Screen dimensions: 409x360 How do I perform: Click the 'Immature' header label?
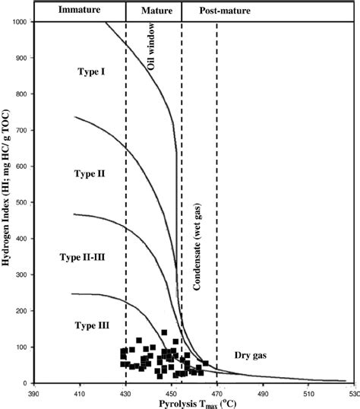pyautogui.click(x=74, y=11)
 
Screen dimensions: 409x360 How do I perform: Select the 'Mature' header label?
pyautogui.click(x=153, y=11)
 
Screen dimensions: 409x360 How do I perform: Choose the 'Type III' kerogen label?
pyautogui.click(x=92, y=325)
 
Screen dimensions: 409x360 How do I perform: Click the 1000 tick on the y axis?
pyautogui.click(x=17, y=23)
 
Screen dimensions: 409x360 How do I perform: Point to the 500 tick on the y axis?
pyautogui.click(x=20, y=203)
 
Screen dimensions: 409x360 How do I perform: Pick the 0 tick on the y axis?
pyautogui.click(x=25, y=383)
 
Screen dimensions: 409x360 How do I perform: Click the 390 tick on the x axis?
pyautogui.click(x=33, y=394)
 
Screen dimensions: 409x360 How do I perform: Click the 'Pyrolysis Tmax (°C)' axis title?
pyautogui.click(x=190, y=403)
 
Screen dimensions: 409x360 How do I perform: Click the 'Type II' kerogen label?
pyautogui.click(x=90, y=173)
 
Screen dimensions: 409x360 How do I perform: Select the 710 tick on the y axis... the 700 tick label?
pyautogui.click(x=20, y=131)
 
